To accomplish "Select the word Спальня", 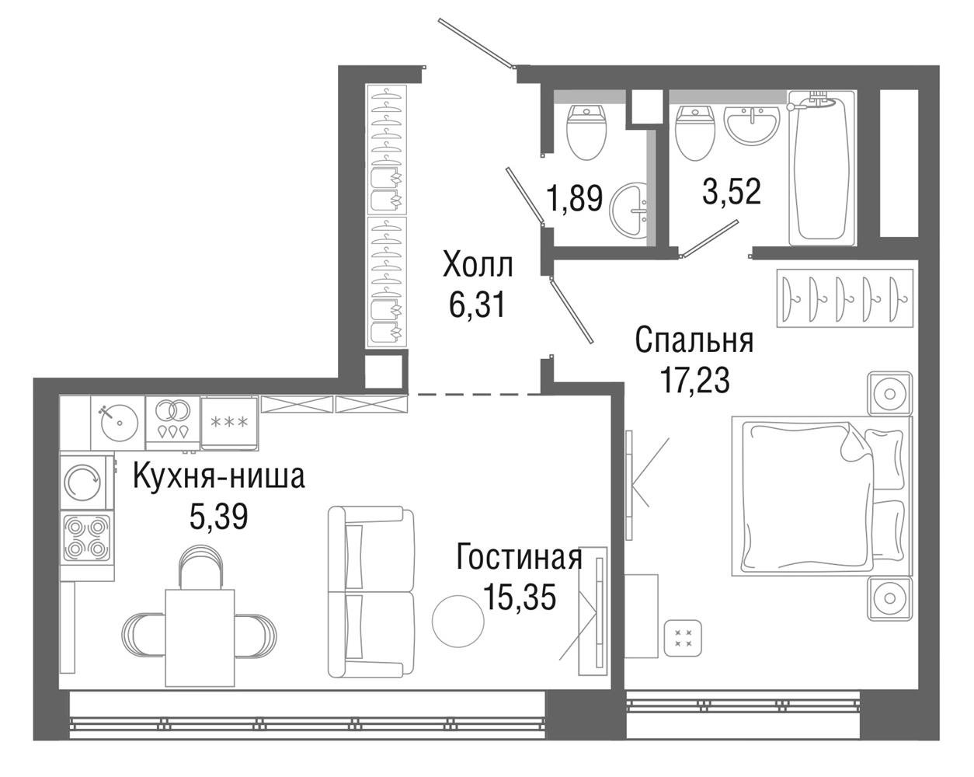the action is click(694, 341).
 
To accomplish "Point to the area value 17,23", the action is click(694, 381).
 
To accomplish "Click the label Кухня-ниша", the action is click(219, 478).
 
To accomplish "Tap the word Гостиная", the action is click(519, 558).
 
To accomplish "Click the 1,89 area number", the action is click(575, 198).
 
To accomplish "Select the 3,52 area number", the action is click(732, 192).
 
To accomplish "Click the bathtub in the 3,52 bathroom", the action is click(823, 169).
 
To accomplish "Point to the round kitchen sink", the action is click(119, 422).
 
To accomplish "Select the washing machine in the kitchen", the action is click(83, 483).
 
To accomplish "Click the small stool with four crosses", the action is click(683, 638).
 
